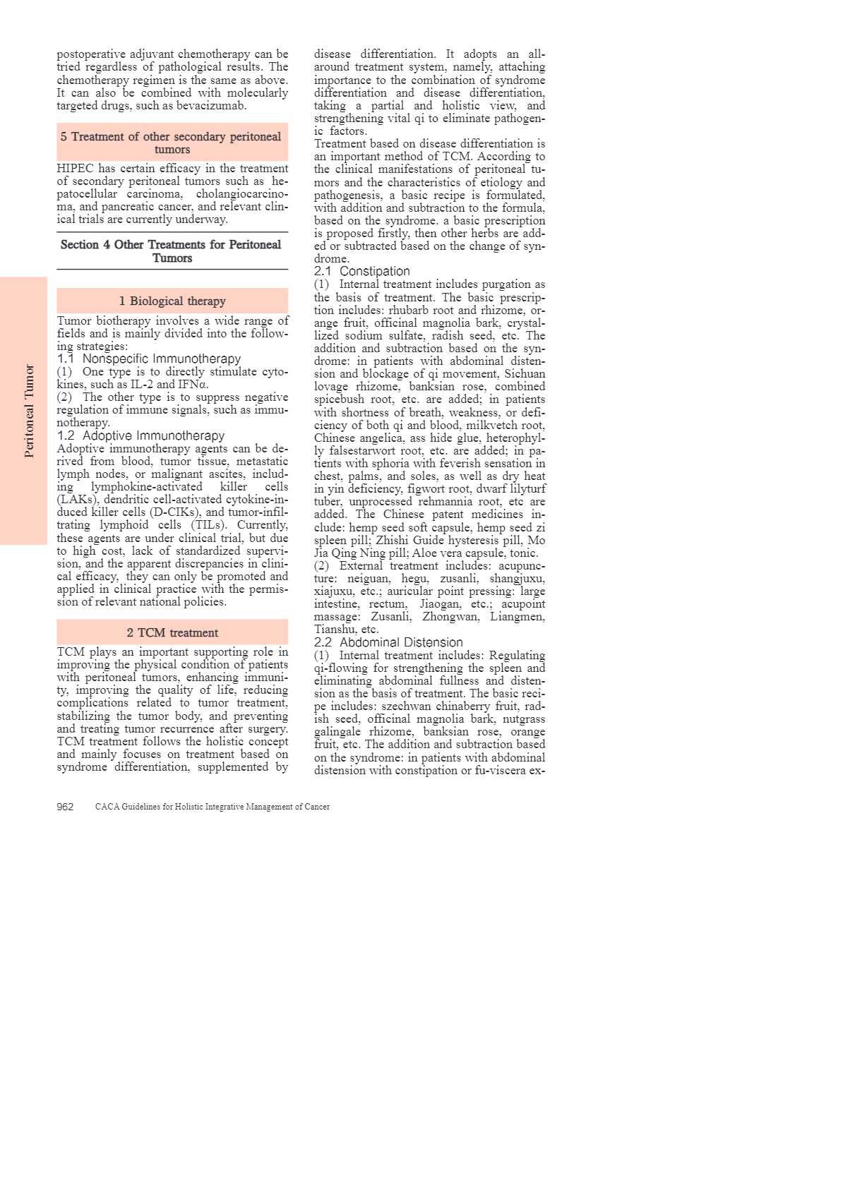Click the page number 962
click(x=65, y=807)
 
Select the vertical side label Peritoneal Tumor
click(x=29, y=411)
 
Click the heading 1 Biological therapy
click(x=172, y=301)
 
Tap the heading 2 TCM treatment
click(x=172, y=632)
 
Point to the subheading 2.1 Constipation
click(x=362, y=271)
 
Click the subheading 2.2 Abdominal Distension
click(x=388, y=642)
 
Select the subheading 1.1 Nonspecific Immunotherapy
click(x=149, y=359)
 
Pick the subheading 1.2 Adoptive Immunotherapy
click(x=141, y=435)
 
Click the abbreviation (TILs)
click(x=210, y=525)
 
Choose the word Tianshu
click(x=335, y=630)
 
